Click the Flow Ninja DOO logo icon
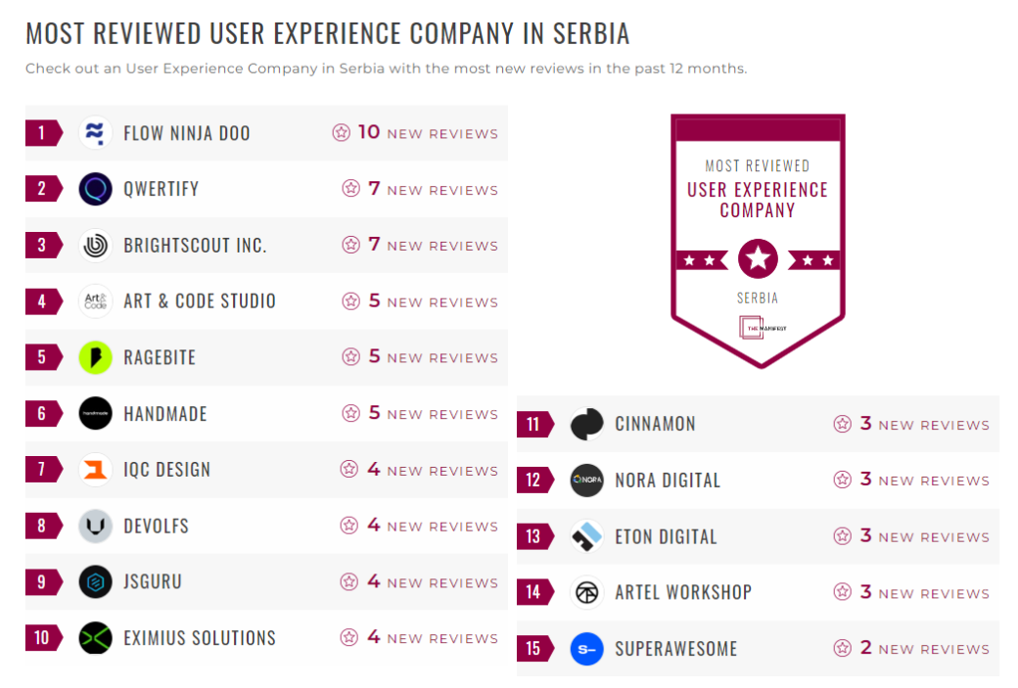pos(96,133)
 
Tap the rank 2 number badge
pos(42,189)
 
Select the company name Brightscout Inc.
pos(195,246)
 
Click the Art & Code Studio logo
pos(96,301)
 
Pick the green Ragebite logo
pos(96,357)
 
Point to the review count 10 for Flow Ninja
pos(368,132)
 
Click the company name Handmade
pos(165,414)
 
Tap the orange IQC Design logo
pos(96,470)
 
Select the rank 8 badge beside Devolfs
pos(42,526)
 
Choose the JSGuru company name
pos(153,582)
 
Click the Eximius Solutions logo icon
pos(96,638)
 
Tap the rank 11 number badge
pos(533,425)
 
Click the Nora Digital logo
pos(587,481)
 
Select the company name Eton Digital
pos(666,537)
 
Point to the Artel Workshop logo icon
pos(587,592)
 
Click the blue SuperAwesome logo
pos(587,649)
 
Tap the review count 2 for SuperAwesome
pos(865,648)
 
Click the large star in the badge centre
pos(758,259)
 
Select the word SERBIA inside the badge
pos(758,298)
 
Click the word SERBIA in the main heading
pos(590,34)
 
